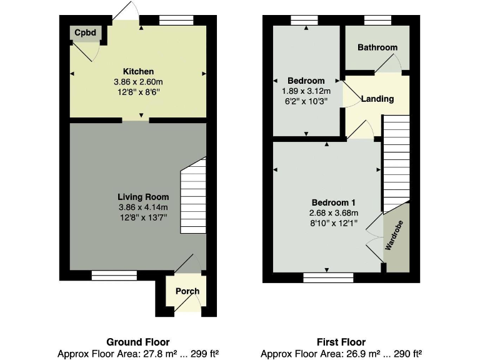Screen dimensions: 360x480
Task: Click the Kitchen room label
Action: coord(138,71)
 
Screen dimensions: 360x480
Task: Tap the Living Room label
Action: coord(138,197)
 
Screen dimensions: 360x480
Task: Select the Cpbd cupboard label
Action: coord(84,32)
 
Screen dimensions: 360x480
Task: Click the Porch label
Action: coord(187,291)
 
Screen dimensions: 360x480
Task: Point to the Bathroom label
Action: coord(377,47)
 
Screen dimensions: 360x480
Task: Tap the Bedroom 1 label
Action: coord(334,202)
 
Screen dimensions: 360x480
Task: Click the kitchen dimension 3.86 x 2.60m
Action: coord(138,82)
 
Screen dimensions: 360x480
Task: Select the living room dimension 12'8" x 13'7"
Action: coord(138,218)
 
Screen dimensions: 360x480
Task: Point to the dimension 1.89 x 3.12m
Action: coord(306,91)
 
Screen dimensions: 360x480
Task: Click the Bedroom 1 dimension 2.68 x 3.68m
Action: coord(334,213)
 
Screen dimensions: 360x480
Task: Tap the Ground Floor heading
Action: coord(138,342)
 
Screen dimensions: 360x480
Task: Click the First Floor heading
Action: coord(341,342)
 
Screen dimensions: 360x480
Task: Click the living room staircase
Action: coord(193,196)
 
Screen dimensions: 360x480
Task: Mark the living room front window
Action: coord(114,275)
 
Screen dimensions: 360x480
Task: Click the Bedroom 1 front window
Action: coord(327,276)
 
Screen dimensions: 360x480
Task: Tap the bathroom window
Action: coord(377,19)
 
